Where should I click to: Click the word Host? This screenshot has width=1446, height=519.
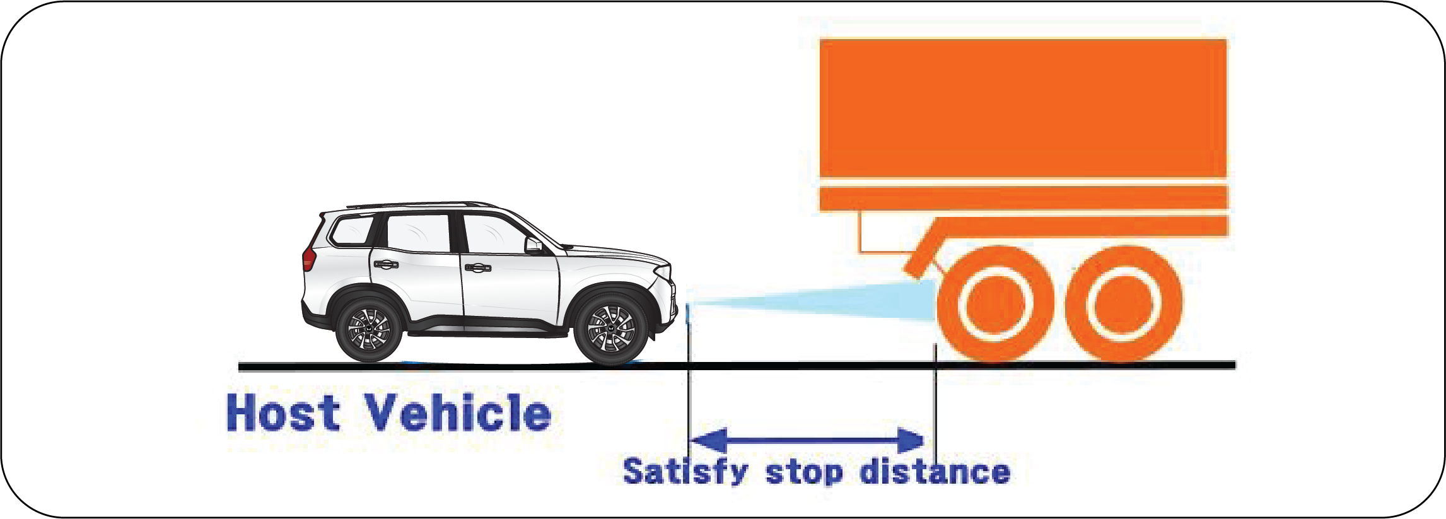(x=283, y=413)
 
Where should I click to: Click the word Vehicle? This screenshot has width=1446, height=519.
(x=458, y=413)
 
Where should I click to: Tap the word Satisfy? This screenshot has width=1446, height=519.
(x=685, y=472)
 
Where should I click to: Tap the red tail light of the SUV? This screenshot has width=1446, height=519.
(x=308, y=258)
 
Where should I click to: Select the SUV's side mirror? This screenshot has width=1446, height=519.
(x=534, y=245)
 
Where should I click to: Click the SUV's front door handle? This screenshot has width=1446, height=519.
(x=477, y=268)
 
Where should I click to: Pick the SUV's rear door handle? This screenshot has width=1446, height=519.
(x=385, y=264)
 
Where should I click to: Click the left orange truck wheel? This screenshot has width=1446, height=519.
(x=994, y=305)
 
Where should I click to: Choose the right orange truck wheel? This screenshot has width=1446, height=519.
(x=1124, y=305)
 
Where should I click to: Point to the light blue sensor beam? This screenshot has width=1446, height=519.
(x=820, y=302)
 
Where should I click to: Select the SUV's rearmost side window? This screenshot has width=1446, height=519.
(x=352, y=230)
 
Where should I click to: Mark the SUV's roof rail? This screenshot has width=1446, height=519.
(x=416, y=205)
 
